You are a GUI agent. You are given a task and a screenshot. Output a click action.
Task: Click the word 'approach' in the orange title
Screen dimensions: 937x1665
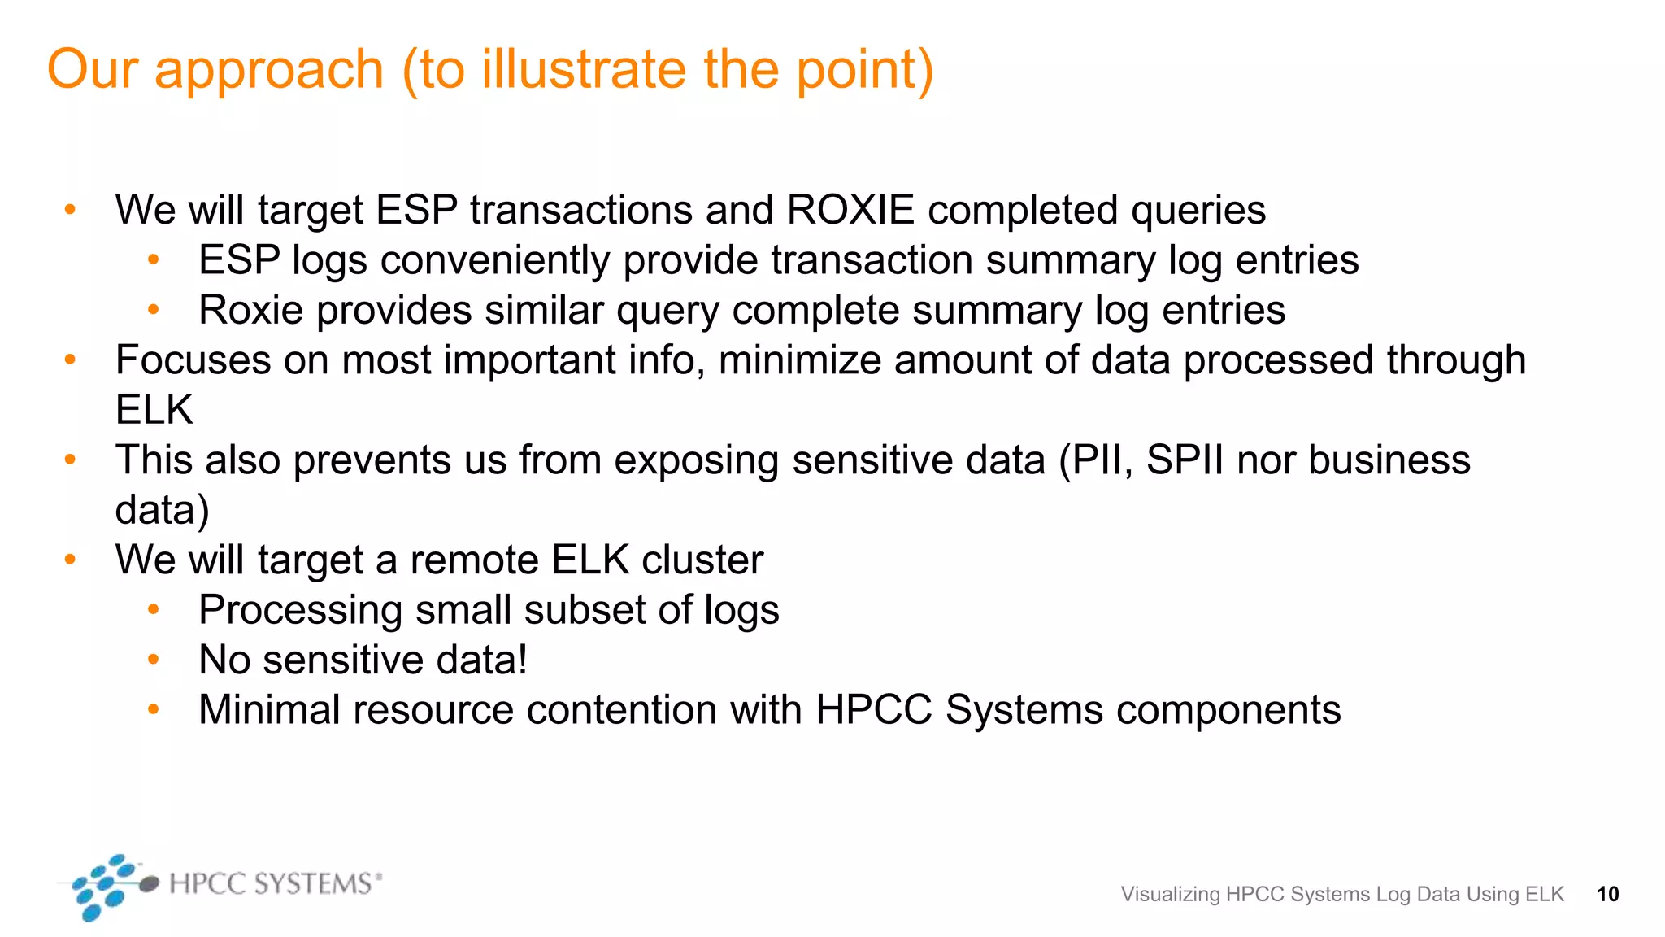click(x=268, y=70)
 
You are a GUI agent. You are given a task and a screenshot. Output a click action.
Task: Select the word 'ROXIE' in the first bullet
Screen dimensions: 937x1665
click(x=850, y=210)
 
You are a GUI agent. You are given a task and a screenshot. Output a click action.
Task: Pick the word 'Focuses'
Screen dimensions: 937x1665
click(x=193, y=360)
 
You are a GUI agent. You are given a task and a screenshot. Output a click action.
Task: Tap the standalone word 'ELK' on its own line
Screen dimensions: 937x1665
click(x=154, y=409)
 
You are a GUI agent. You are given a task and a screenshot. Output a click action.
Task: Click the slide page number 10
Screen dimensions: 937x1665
click(x=1607, y=894)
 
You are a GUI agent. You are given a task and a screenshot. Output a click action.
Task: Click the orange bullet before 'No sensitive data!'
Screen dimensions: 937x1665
click(x=154, y=660)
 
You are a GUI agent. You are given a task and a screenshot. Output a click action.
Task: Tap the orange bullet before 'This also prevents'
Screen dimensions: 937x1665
click(x=71, y=460)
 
